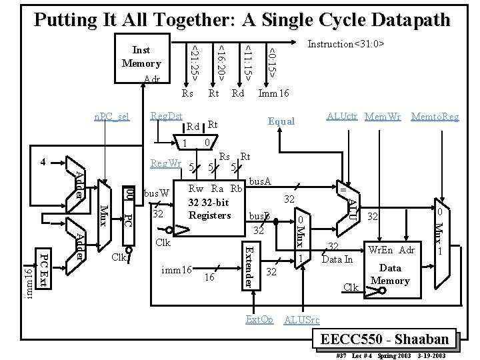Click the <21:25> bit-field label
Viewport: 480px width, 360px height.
(194, 59)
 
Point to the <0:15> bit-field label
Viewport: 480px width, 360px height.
(273, 59)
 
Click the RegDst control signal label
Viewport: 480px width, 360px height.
(167, 116)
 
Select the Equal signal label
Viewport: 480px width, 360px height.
(281, 121)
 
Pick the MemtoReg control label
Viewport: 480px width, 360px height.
(435, 117)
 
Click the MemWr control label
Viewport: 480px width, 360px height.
(383, 117)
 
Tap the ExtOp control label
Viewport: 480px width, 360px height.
(259, 319)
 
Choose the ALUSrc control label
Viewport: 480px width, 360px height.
(302, 319)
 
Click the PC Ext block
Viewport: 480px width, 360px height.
(42, 270)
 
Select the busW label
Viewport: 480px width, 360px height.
(157, 193)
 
